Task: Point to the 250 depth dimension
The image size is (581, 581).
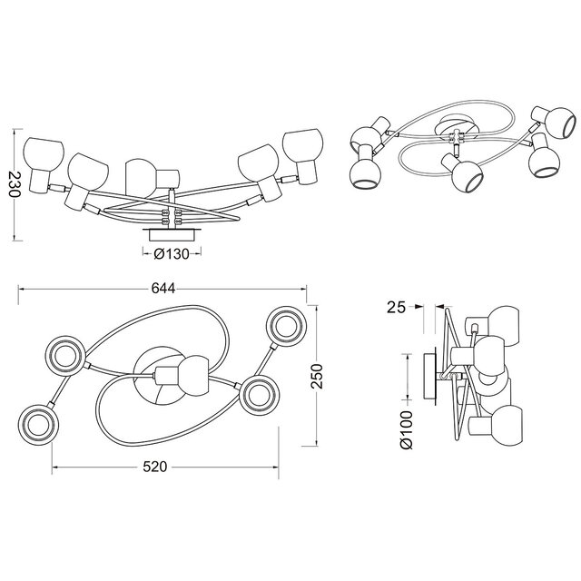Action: click(317, 377)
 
